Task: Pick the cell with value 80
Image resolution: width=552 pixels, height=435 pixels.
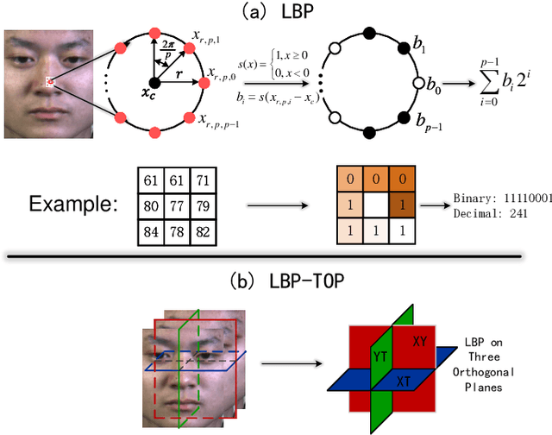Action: point(149,206)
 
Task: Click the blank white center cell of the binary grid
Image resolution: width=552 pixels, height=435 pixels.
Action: point(373,206)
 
